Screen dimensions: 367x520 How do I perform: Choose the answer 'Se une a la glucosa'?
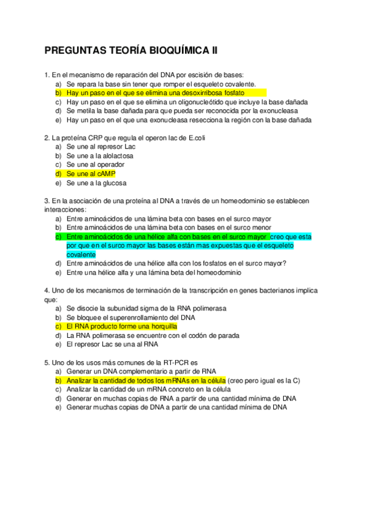(96, 183)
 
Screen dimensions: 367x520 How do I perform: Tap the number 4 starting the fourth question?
(47, 290)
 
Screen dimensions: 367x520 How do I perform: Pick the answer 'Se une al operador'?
(96, 164)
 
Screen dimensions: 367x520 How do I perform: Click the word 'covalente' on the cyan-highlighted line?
(81, 254)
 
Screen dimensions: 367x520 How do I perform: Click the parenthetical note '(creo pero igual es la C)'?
(263, 380)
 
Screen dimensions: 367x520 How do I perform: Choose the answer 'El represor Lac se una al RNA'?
(112, 345)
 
